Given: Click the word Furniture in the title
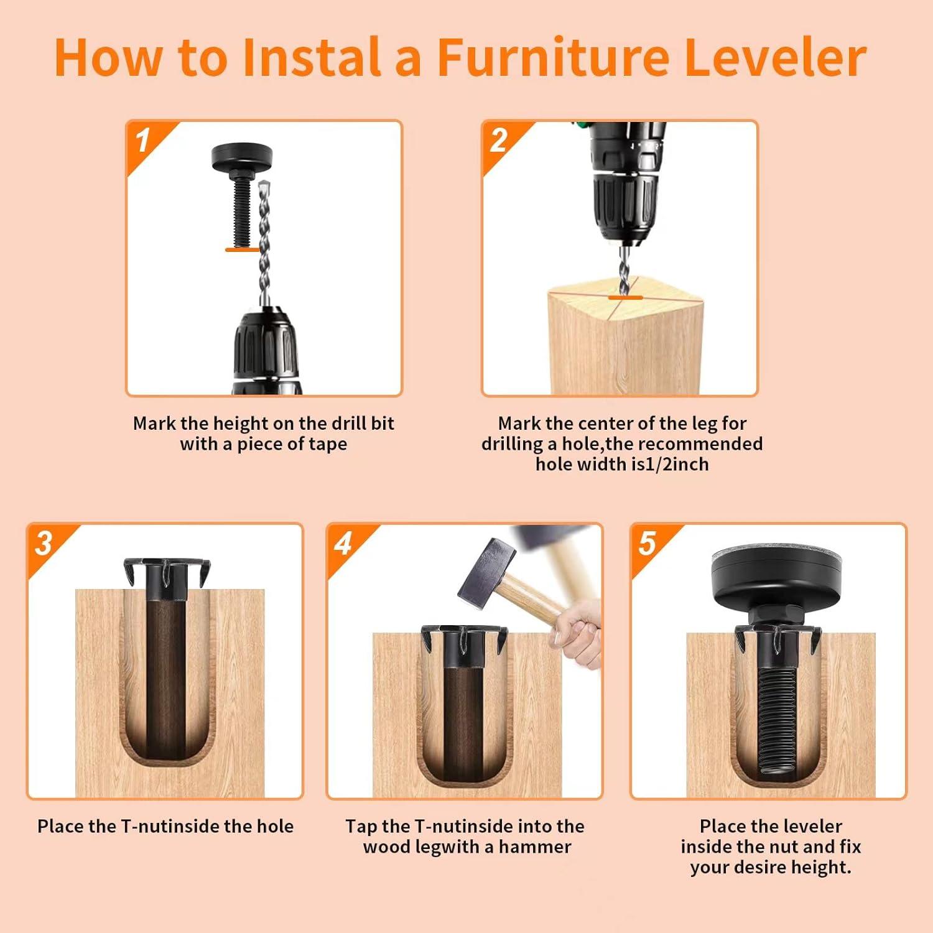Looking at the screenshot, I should pyautogui.click(x=552, y=57).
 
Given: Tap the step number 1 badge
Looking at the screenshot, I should pyautogui.click(x=143, y=141).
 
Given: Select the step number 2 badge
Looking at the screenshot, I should pyautogui.click(x=499, y=141).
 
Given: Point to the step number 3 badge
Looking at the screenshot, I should pyautogui.click(x=44, y=543).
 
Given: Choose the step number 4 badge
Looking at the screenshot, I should pyautogui.click(x=343, y=543).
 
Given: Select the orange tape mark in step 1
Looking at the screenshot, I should pyautogui.click(x=242, y=249).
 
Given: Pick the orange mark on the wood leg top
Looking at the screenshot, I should pyautogui.click(x=625, y=298).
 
